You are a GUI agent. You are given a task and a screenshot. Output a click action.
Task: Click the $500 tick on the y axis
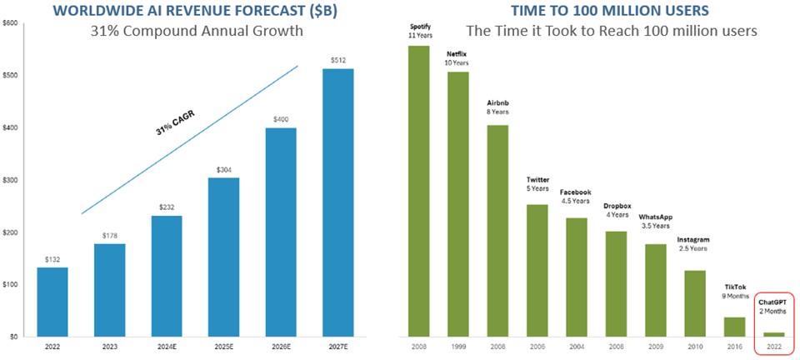tap(12, 76)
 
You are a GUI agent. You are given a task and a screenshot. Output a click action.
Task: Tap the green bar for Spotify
tap(418, 191)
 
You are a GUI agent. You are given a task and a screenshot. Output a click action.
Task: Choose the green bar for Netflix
tap(457, 204)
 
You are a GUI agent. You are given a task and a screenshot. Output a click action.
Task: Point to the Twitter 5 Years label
tap(537, 183)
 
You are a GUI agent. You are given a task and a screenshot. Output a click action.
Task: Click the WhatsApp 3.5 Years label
tap(656, 221)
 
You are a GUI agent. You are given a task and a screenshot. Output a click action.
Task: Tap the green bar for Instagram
tap(695, 303)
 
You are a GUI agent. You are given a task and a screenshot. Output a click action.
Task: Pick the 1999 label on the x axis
tap(457, 346)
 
